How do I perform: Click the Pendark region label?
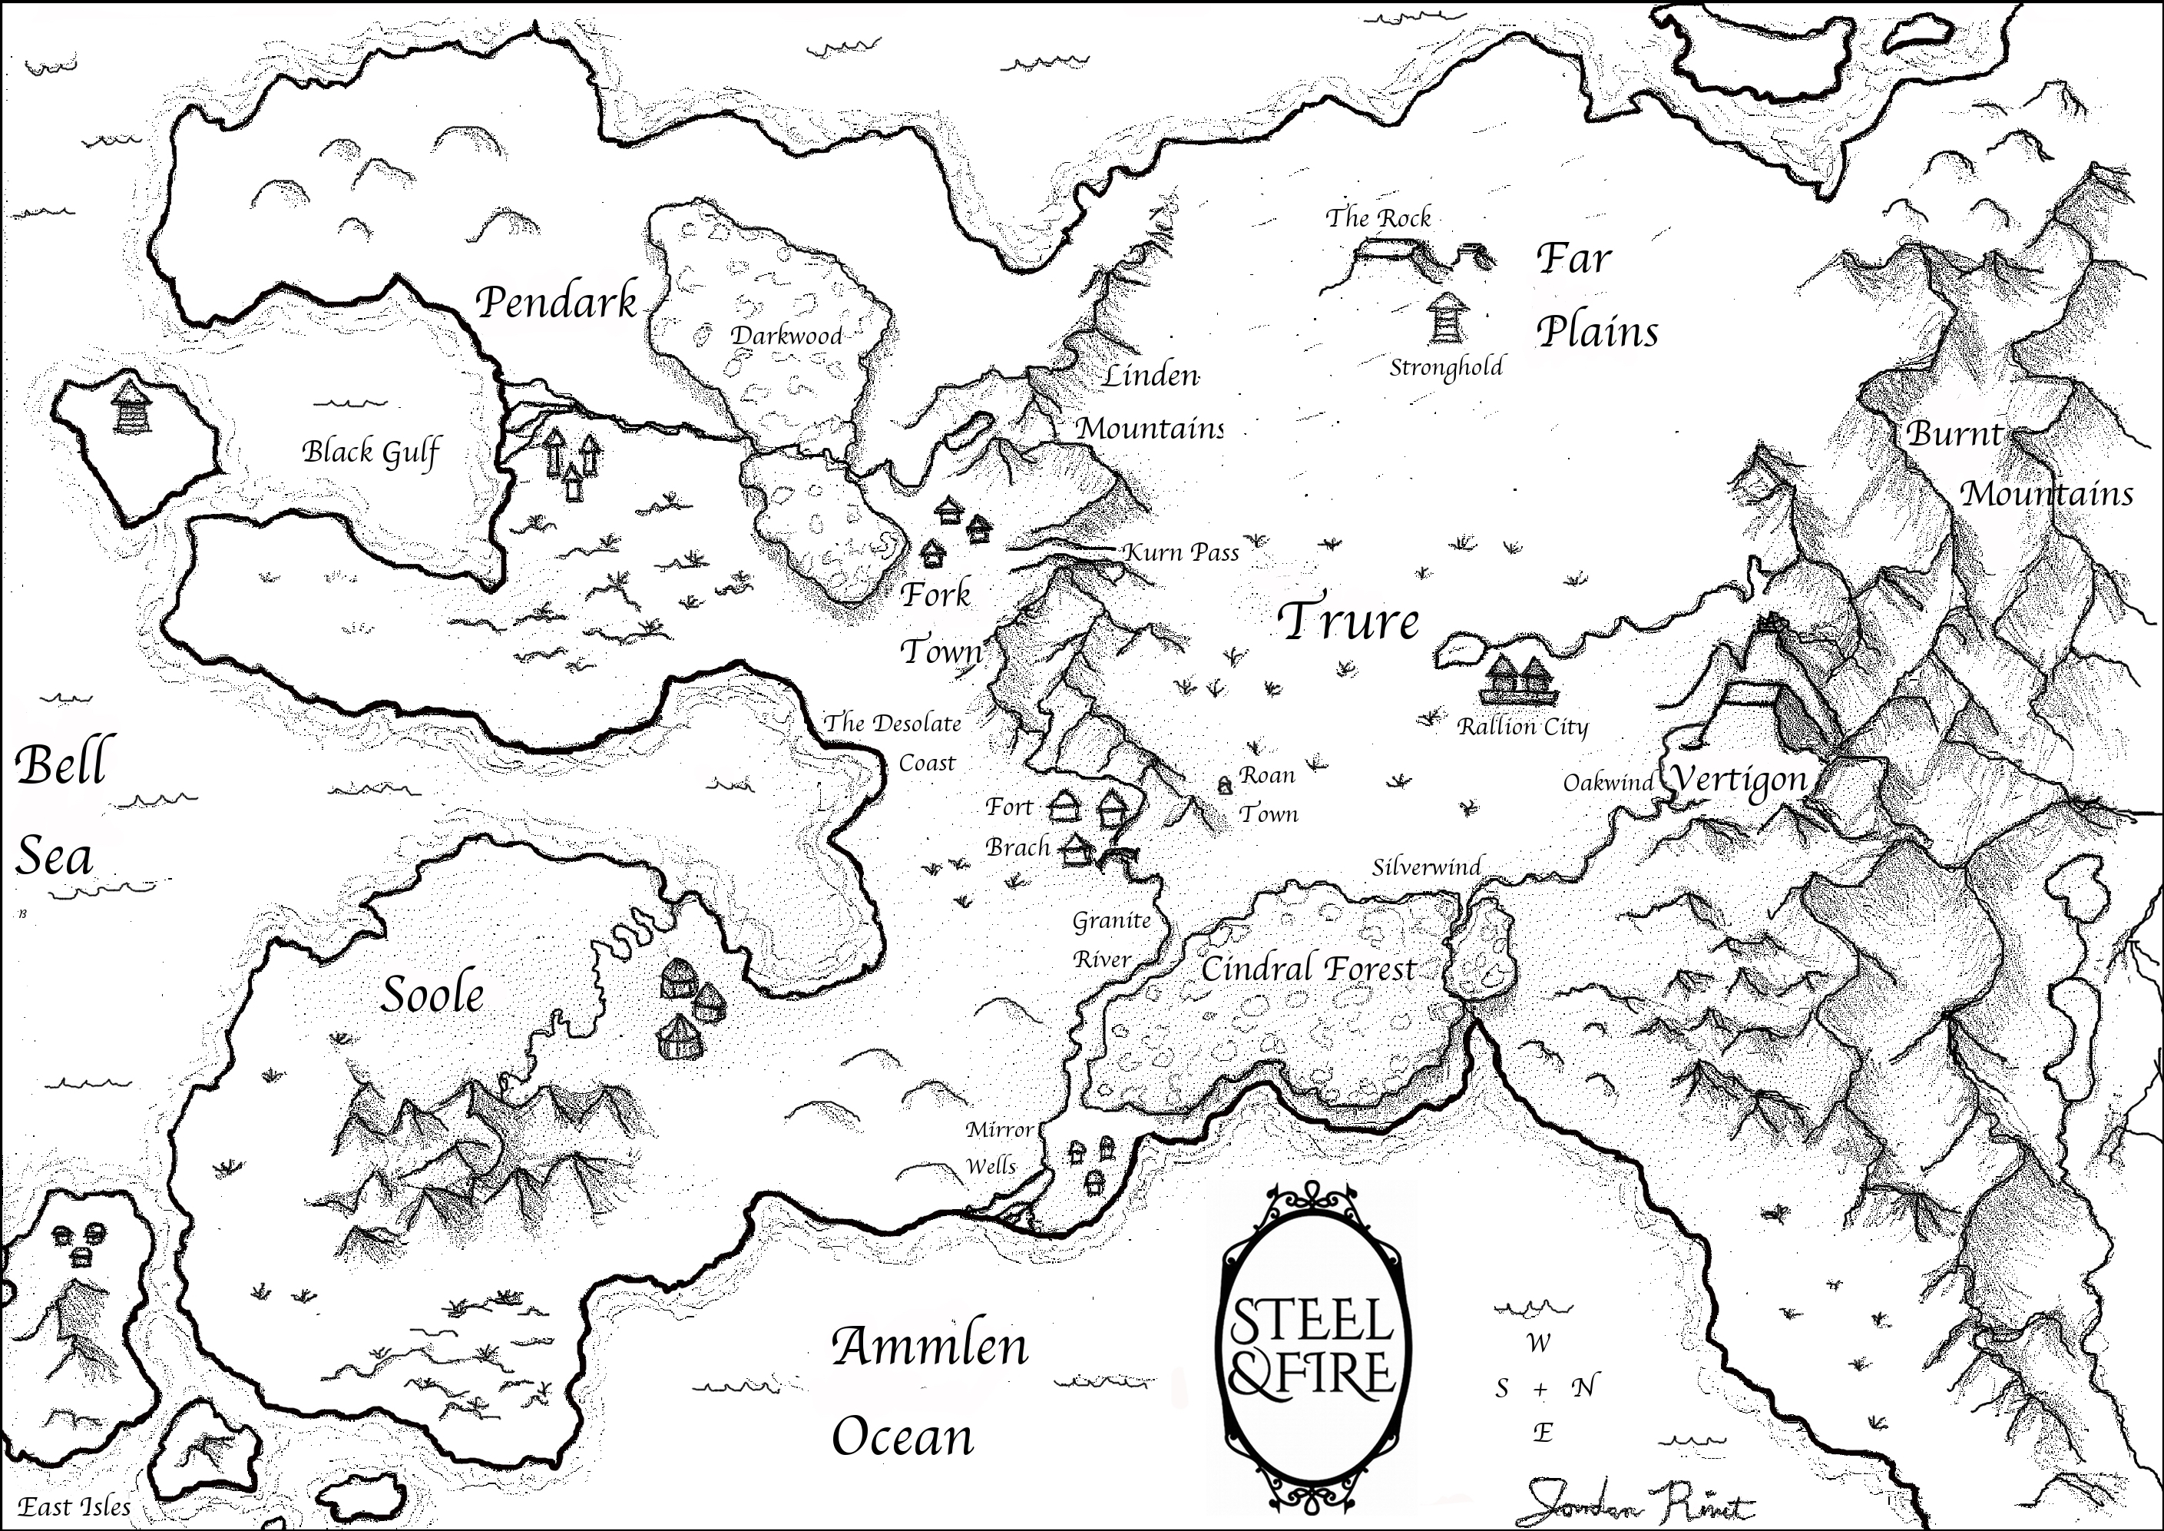click(x=556, y=303)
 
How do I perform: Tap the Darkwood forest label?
click(x=786, y=336)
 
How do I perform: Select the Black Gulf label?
click(x=370, y=452)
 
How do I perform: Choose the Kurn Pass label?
click(x=1182, y=552)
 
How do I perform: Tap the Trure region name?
click(x=1348, y=621)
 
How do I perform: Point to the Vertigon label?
click(x=1738, y=781)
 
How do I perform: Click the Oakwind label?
click(x=1608, y=783)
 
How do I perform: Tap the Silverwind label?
click(x=1426, y=867)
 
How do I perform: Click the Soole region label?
click(x=432, y=996)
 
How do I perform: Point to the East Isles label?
click(x=75, y=1506)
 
